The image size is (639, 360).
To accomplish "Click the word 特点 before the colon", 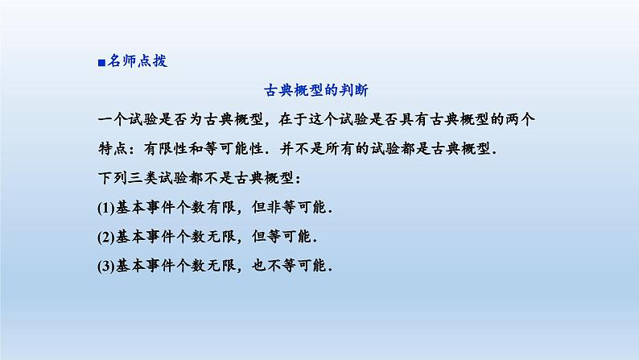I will click(112, 148).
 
